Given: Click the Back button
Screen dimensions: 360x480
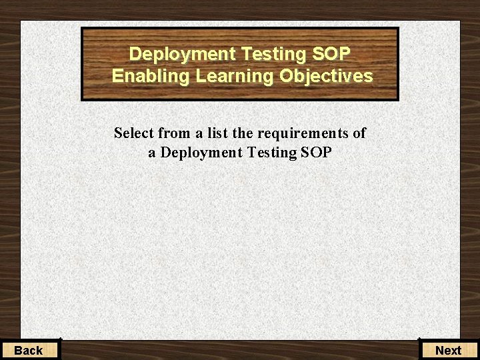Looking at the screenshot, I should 29,350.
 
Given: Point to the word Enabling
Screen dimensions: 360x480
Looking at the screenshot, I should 151,77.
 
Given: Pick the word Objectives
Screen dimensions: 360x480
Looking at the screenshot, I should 326,77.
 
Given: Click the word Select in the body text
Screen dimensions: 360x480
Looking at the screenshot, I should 134,133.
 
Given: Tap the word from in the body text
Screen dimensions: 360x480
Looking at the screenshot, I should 174,133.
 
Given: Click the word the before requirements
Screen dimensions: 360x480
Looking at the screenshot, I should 243,133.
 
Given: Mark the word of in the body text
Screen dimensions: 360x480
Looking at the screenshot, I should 359,133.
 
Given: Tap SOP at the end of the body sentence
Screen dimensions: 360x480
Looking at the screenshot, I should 316,153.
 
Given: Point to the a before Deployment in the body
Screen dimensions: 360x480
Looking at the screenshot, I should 153,153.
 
